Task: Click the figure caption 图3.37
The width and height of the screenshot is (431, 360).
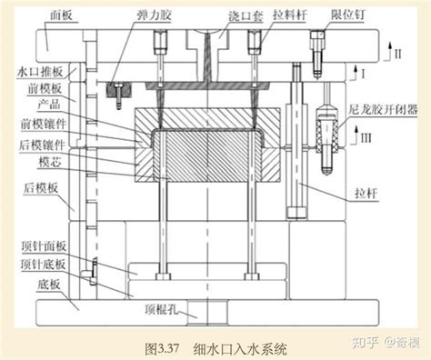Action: click(x=160, y=346)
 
